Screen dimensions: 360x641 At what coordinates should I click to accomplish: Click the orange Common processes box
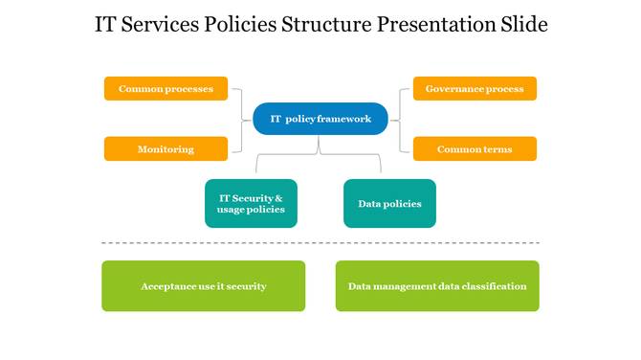click(166, 89)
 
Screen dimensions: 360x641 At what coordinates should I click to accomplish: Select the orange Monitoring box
click(166, 149)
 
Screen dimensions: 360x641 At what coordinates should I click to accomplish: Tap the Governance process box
click(475, 89)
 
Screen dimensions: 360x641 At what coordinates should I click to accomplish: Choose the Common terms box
click(475, 149)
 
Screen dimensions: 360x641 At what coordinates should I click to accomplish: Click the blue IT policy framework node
click(320, 119)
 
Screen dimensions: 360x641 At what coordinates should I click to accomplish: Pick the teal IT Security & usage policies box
click(251, 203)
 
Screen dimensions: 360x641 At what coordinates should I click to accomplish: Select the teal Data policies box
click(389, 203)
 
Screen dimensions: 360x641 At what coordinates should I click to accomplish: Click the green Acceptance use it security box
click(204, 286)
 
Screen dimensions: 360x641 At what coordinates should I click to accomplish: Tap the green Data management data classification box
click(437, 286)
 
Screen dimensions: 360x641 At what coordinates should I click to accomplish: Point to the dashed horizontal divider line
click(320, 243)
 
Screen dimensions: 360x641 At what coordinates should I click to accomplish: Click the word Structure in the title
click(322, 25)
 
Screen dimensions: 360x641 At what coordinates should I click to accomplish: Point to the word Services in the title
click(159, 25)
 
